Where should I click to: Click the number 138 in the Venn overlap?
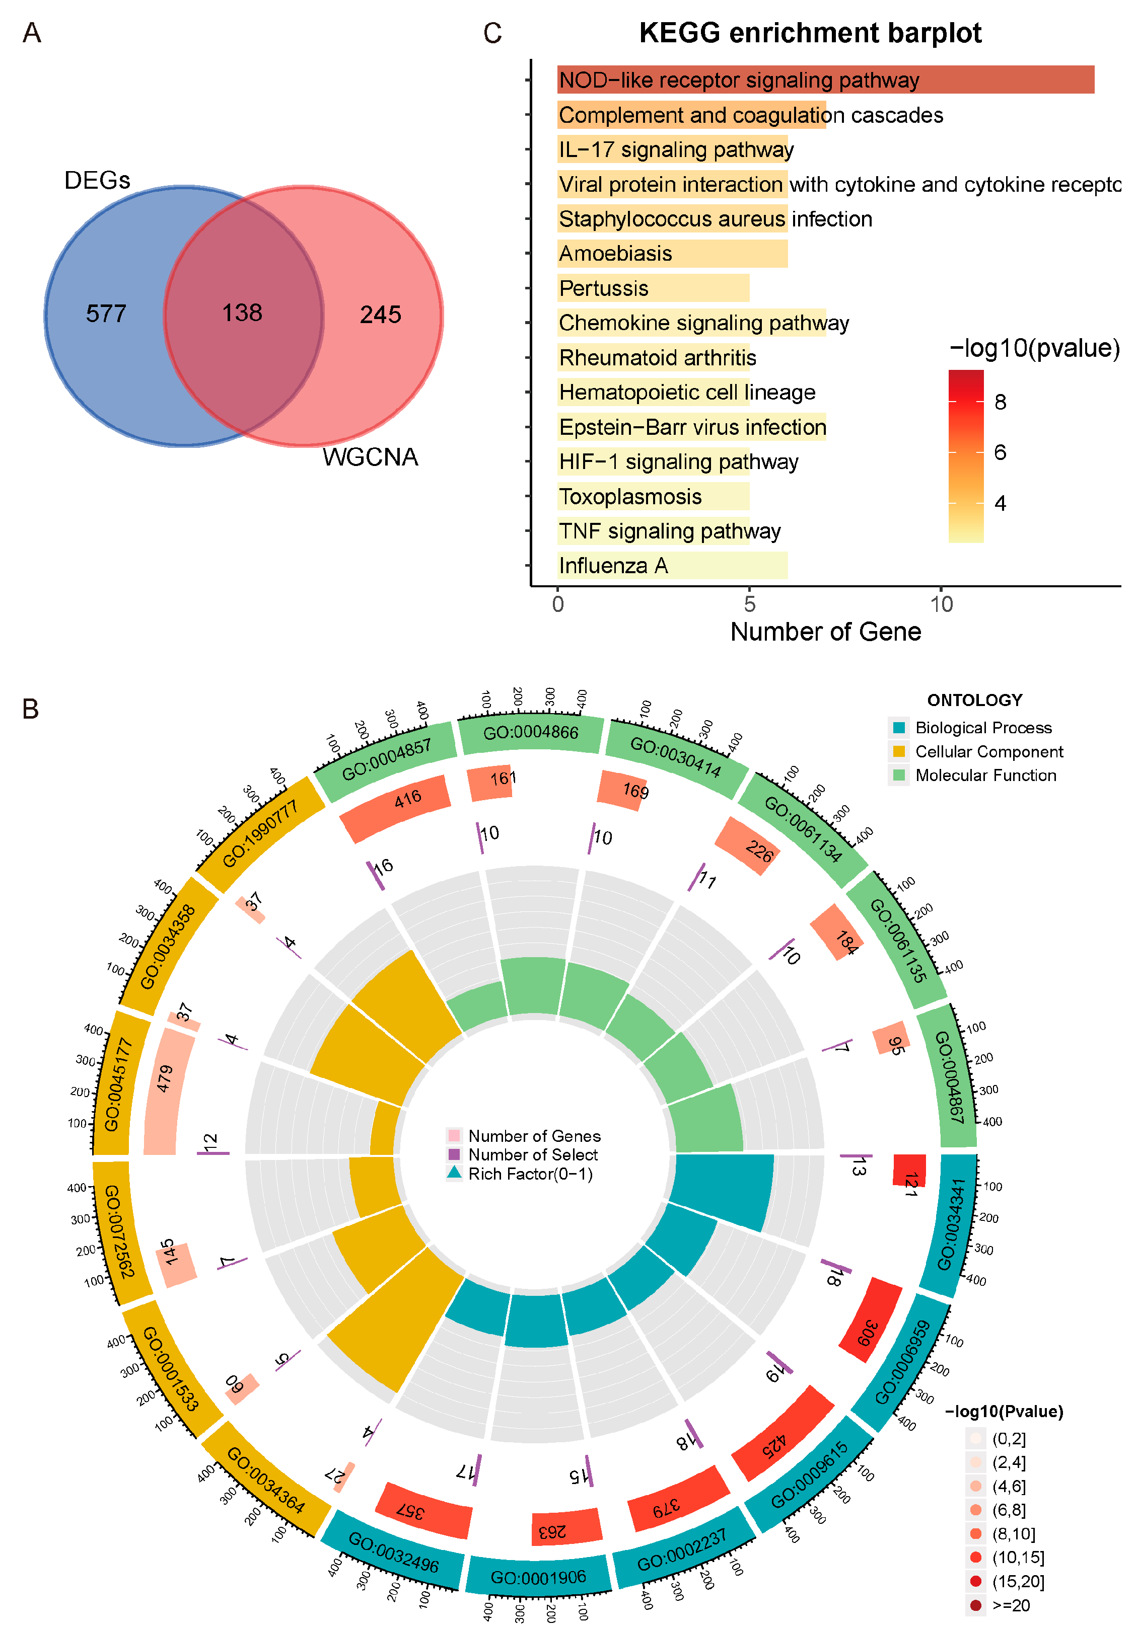click(x=242, y=313)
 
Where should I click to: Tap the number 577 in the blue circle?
click(x=106, y=314)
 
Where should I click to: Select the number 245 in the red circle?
click(x=380, y=314)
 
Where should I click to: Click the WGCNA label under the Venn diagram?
click(x=370, y=457)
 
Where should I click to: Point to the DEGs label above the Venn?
click(x=97, y=181)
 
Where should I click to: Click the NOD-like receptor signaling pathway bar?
click(x=824, y=80)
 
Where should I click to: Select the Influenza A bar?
click(x=672, y=566)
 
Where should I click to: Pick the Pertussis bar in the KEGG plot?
click(x=653, y=288)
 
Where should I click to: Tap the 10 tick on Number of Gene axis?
click(x=941, y=604)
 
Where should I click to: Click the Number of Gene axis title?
click(x=825, y=632)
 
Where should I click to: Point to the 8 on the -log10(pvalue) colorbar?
click(x=1000, y=402)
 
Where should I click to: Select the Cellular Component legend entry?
click(x=988, y=751)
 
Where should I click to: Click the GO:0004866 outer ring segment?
click(x=531, y=732)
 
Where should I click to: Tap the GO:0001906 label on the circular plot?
click(x=538, y=1577)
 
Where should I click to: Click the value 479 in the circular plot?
click(x=165, y=1078)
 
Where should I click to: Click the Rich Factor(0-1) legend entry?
click(x=529, y=1174)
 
